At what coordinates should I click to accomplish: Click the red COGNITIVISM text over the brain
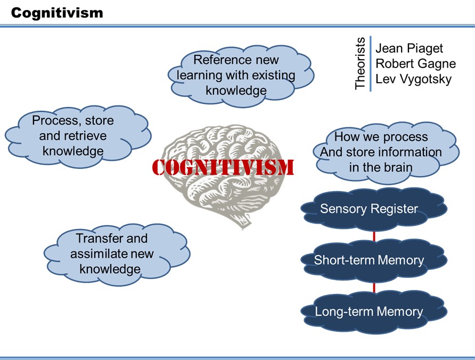[x=223, y=167]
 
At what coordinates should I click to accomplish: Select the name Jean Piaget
[x=409, y=48]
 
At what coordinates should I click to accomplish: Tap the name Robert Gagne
[x=415, y=64]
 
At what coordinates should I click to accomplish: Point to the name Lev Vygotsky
[x=413, y=79]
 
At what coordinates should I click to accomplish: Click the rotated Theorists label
[x=361, y=63]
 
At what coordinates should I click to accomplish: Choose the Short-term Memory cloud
[x=370, y=260]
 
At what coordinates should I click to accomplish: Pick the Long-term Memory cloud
[x=370, y=312]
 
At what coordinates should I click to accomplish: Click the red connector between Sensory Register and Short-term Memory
[x=374, y=235]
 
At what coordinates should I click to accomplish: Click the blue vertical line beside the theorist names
[x=370, y=63]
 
